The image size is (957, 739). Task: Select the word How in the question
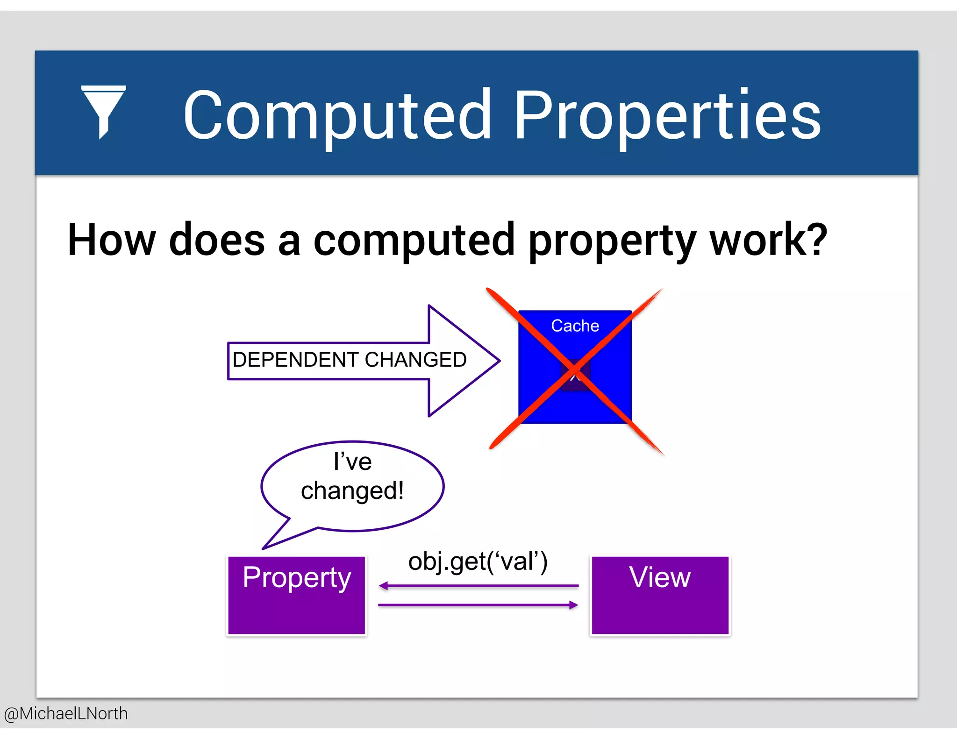[111, 240]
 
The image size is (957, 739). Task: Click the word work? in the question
[768, 240]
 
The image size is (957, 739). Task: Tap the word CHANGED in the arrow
[415, 360]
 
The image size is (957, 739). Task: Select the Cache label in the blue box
[575, 326]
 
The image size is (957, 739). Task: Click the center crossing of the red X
[575, 371]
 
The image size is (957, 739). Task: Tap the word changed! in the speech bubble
[352, 491]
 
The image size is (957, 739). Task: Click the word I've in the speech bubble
[352, 462]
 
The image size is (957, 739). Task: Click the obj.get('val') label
[478, 561]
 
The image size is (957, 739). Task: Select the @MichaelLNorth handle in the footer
[66, 714]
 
